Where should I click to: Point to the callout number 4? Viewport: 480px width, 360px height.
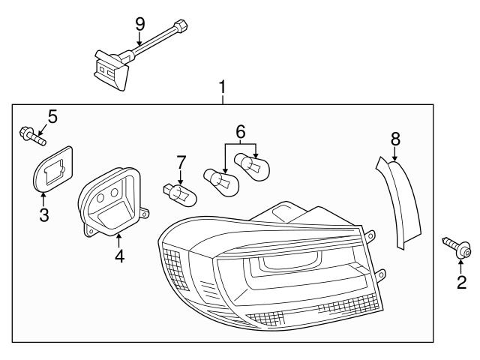point(119,256)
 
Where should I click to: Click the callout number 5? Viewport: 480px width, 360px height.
point(52,116)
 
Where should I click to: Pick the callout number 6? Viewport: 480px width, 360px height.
point(241,132)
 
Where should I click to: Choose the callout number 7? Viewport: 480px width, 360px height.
point(181,161)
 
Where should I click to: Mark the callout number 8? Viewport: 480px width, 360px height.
point(395,138)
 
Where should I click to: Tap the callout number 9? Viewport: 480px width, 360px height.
point(139,24)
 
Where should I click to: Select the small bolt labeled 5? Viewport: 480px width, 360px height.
point(32,137)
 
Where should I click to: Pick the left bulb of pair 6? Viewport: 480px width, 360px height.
point(220,181)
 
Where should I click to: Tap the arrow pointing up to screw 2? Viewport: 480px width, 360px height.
point(460,265)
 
